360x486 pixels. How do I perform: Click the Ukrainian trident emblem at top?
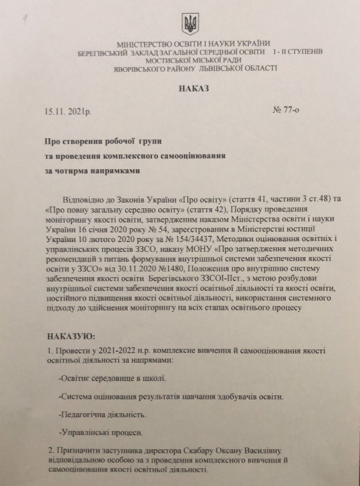190,24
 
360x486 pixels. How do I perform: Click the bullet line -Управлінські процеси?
92,431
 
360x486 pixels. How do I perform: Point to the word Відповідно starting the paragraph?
89,199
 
